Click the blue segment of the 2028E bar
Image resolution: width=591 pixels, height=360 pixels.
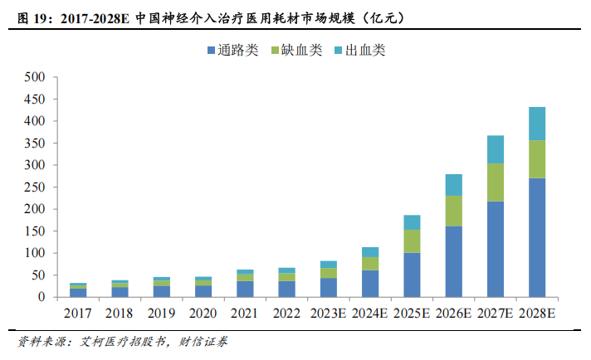tap(537, 237)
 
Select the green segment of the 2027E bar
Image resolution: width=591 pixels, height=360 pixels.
tap(496, 182)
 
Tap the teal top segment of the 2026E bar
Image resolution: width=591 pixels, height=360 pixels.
tap(454, 184)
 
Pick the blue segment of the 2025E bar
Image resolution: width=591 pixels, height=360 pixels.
tap(412, 275)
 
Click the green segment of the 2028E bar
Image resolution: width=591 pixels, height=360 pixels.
tap(537, 159)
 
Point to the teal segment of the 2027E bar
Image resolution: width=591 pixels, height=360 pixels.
tap(496, 149)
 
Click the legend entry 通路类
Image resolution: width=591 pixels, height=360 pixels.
tap(232, 51)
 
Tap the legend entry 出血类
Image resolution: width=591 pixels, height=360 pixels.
tap(360, 51)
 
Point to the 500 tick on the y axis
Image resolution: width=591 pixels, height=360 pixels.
tap(34, 77)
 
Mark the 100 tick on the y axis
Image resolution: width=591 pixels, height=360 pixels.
tap(34, 253)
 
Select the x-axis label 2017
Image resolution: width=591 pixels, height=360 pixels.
tap(78, 314)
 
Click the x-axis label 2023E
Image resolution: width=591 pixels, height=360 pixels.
tap(329, 314)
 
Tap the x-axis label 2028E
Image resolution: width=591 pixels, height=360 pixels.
tap(537, 314)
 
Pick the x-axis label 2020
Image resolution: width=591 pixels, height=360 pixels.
tap(203, 314)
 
